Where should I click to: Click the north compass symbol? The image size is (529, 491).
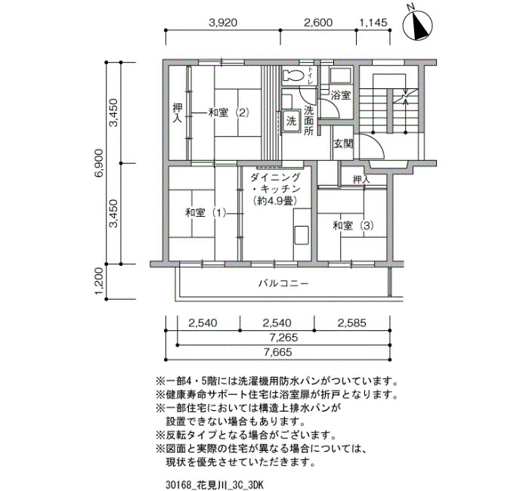[418, 23]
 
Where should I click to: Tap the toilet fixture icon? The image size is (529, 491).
[293, 75]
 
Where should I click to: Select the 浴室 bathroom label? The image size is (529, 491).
[340, 95]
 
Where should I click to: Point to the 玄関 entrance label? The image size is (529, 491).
[343, 144]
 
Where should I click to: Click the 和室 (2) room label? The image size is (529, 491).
[229, 113]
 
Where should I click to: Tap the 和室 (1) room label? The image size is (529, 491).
[206, 213]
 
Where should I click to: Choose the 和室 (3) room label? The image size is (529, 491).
[353, 225]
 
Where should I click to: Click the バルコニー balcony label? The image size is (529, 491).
[283, 283]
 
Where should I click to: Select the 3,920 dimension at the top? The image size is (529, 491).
[223, 23]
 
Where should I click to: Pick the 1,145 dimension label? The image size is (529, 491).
[373, 23]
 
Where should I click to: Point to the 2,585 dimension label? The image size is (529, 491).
[352, 323]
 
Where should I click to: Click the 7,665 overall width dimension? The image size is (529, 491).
[277, 353]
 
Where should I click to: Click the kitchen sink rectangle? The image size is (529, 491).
[302, 235]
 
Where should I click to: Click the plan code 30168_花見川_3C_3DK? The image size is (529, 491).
[215, 485]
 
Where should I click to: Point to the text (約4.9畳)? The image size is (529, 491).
[275, 202]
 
